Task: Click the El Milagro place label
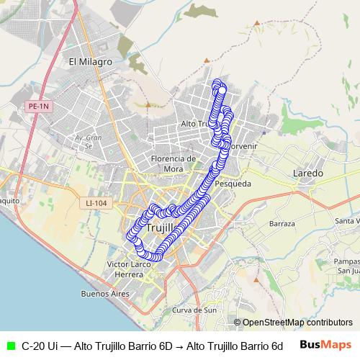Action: [90, 62]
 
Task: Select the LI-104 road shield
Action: [96, 204]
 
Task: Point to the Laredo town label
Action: [308, 174]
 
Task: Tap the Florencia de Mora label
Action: [174, 163]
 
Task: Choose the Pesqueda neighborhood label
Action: [233, 184]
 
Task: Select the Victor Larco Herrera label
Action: [130, 269]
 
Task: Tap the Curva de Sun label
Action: [195, 310]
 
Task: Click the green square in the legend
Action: [9, 346]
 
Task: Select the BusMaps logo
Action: [325, 345]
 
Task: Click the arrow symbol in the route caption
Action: [179, 346]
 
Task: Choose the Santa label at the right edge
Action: [348, 221]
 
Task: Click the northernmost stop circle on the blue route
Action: [217, 84]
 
